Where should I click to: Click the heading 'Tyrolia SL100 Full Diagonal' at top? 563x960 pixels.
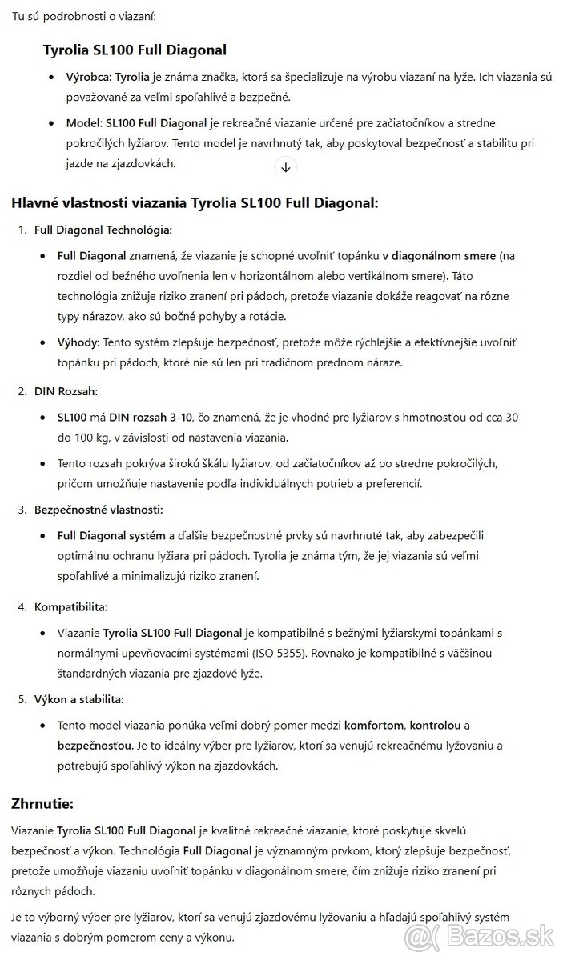135,50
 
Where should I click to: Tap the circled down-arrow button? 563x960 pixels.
286,167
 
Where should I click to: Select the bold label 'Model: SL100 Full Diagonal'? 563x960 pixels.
136,124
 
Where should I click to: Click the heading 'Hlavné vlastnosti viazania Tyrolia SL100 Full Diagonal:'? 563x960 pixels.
195,202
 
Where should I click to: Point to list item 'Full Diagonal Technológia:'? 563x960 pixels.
103,230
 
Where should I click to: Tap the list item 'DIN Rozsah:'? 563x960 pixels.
66,391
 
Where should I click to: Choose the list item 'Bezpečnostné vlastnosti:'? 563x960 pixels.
99,509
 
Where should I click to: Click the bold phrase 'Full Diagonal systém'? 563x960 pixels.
111,535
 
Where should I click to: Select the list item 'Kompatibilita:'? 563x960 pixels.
70,606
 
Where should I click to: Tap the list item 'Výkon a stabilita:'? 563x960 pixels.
78,698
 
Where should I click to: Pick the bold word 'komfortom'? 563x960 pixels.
375,725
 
